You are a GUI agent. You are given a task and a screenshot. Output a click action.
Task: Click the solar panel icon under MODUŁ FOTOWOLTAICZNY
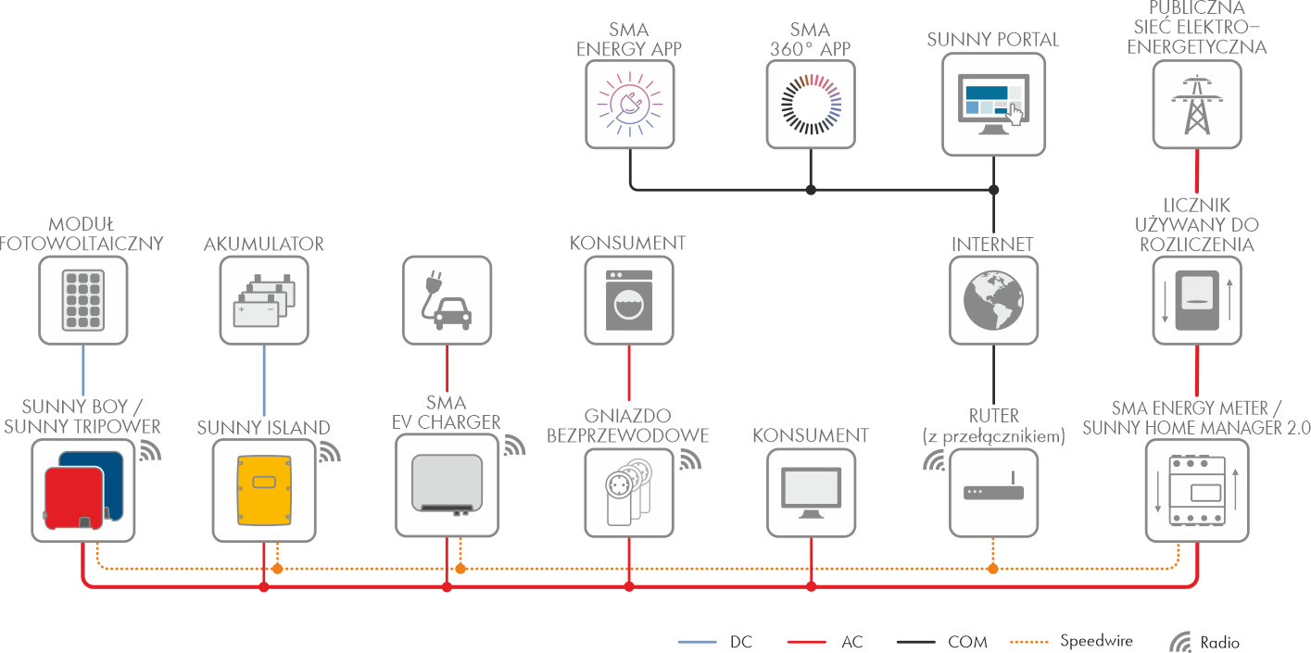coord(84,300)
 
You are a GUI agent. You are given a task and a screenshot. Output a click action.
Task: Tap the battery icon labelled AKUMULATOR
coord(264,300)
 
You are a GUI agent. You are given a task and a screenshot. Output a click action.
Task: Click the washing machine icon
coord(629,300)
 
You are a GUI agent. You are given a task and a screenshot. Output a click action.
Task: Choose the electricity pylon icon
coord(1197,104)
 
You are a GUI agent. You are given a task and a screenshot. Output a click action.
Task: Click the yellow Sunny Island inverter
coord(264,489)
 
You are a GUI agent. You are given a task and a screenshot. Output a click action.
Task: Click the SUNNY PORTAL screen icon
coord(993,102)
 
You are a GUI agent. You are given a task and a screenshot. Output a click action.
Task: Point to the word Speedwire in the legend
coord(1096,641)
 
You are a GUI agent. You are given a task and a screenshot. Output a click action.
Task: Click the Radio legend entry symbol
coord(1181,642)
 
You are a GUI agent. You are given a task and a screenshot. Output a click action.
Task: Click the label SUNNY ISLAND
coord(264,428)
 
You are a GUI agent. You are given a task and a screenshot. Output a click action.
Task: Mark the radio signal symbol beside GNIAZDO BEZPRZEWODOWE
coord(690,458)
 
